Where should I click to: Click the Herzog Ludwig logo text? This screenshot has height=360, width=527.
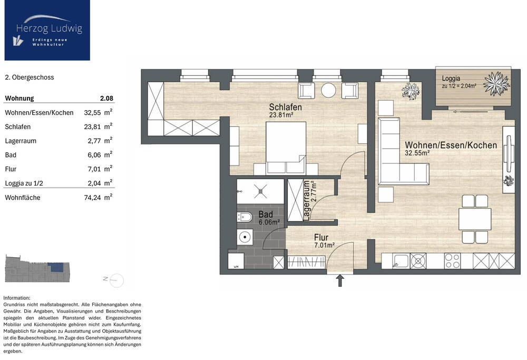49,28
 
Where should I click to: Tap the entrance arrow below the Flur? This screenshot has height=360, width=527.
340,280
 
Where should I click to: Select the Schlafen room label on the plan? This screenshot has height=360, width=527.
285,107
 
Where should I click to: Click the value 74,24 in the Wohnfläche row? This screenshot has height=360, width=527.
92,198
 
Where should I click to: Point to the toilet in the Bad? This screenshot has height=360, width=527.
245,218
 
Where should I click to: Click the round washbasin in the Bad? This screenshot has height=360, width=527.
245,237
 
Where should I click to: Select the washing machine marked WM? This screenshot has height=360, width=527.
236,261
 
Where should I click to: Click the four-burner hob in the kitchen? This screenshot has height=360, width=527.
452,261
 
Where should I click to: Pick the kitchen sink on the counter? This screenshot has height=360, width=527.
401,261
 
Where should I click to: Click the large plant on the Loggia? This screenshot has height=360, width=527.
496,83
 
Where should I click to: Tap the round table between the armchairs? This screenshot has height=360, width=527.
328,90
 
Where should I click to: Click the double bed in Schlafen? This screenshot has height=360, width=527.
286,148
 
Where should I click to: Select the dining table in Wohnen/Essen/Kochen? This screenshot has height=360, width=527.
475,219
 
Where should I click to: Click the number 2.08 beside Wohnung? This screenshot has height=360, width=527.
106,99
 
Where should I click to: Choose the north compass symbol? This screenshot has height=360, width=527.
114,280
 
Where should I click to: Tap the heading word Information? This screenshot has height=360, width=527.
17,298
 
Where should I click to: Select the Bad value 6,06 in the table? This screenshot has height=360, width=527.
94,155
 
